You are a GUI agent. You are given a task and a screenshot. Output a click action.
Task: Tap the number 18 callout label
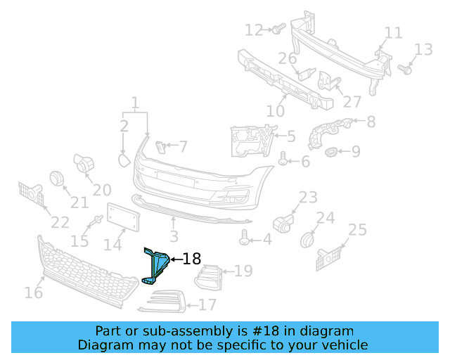tap(191, 259)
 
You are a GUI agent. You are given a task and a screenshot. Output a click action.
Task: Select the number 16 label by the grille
tap(33, 292)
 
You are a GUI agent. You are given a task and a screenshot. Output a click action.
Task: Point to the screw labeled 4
tap(245, 239)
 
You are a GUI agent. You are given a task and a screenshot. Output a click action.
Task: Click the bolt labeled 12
tap(276, 29)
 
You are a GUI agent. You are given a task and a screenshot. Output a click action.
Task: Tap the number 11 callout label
tap(393, 33)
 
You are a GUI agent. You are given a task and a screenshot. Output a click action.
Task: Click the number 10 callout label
tap(275, 111)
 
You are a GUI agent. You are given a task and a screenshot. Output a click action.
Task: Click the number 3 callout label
tap(174, 237)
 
